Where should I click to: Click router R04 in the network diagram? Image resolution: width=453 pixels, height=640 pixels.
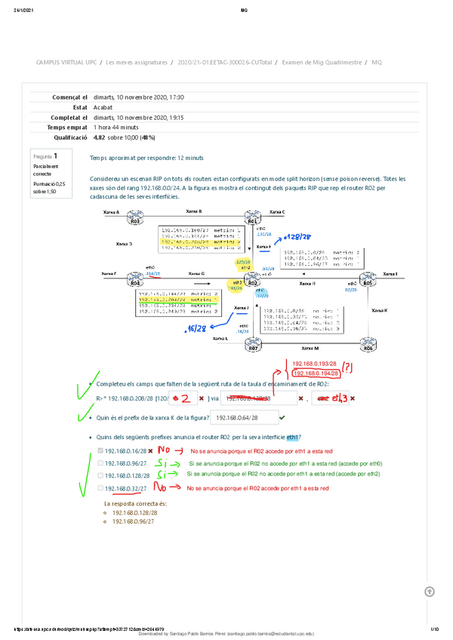135,282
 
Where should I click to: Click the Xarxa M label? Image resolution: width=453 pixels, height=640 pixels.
310,349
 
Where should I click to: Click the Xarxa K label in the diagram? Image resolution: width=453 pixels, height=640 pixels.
380,310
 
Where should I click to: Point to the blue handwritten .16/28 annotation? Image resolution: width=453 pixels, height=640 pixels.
198,329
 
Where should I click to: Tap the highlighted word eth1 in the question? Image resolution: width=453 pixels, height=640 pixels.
294,438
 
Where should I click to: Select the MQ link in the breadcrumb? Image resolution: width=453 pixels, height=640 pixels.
377,62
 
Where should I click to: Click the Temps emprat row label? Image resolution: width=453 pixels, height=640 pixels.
66,128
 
